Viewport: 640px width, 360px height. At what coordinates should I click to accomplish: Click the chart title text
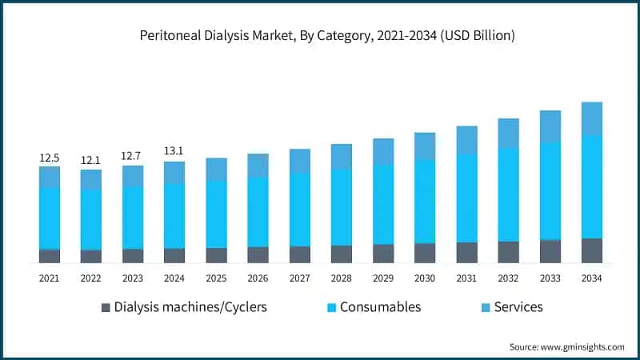[320, 36]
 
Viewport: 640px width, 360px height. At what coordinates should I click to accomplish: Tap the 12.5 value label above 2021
[50, 158]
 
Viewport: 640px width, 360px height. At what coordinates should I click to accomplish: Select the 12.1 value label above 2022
[91, 161]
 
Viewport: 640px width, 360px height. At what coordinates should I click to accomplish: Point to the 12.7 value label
[133, 157]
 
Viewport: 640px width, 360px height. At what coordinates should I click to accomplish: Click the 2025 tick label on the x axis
[216, 278]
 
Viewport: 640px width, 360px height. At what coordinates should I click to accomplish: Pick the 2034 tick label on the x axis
[591, 278]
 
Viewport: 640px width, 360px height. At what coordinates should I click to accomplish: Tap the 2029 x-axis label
[383, 278]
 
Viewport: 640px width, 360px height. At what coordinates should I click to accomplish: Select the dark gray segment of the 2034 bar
[591, 250]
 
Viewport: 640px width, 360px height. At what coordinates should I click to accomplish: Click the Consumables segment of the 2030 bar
[425, 201]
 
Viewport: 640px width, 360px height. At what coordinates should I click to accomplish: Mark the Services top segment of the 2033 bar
[550, 126]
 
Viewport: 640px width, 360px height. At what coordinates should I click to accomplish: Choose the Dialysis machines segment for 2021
[50, 256]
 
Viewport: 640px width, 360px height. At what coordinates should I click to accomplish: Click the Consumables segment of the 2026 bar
[258, 211]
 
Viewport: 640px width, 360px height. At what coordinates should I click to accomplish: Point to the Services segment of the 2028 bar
[342, 157]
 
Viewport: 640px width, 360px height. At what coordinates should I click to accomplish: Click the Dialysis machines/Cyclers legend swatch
[106, 307]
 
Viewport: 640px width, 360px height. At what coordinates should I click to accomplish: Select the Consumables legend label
[380, 307]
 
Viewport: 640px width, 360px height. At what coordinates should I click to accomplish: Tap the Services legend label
[518, 307]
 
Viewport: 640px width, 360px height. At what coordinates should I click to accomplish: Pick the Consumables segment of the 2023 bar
[133, 217]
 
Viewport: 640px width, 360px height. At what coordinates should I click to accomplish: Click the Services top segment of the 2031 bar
[466, 140]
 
